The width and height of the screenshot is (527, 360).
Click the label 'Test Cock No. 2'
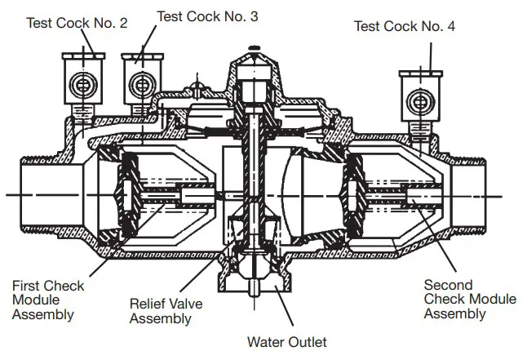(77, 23)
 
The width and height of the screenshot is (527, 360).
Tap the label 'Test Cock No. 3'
(207, 16)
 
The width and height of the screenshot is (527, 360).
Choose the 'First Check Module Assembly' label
(48, 300)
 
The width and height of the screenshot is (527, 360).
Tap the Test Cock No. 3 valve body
(139, 82)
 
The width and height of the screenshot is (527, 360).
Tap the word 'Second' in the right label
(446, 285)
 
